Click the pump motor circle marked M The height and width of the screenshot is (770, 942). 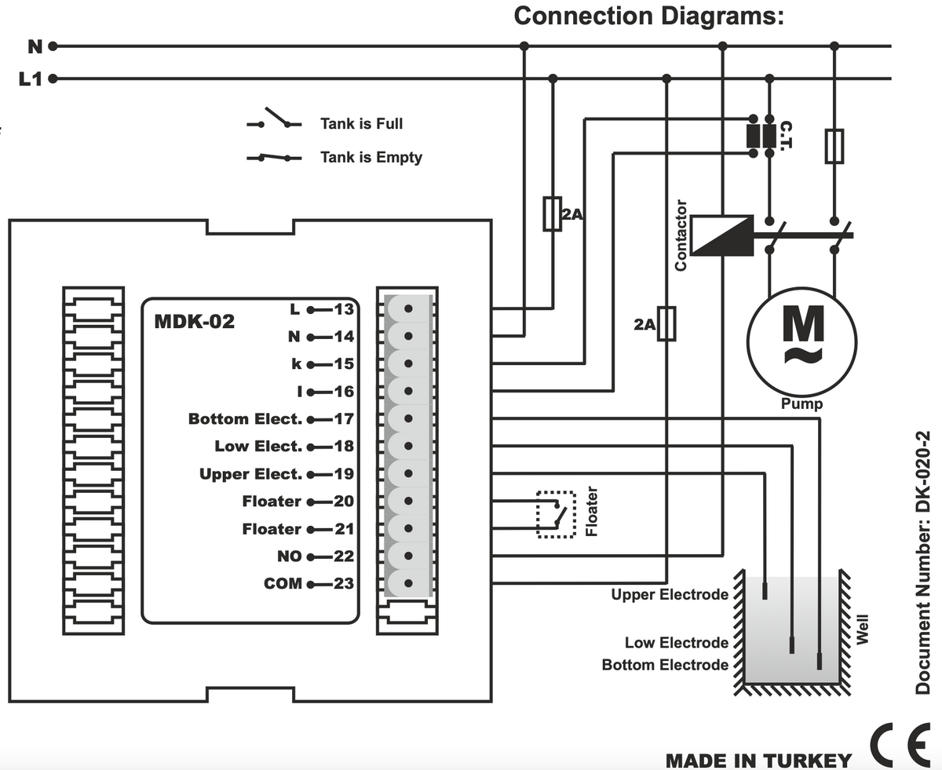(801, 341)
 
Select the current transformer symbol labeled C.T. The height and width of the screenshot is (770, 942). (761, 135)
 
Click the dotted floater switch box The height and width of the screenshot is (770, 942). (556, 514)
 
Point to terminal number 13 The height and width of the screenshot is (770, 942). (344, 308)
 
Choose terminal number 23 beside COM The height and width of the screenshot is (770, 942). (344, 583)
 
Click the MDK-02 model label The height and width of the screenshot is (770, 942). (195, 322)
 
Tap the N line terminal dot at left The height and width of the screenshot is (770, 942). (53, 46)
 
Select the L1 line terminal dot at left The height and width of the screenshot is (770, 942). (53, 78)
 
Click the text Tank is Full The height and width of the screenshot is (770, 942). (361, 124)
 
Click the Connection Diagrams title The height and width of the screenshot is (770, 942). (648, 16)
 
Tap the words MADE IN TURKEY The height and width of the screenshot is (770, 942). (758, 760)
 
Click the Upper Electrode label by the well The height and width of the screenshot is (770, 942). (670, 595)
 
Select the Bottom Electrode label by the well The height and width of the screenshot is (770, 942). (665, 665)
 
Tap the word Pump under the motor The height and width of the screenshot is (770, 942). (801, 404)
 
